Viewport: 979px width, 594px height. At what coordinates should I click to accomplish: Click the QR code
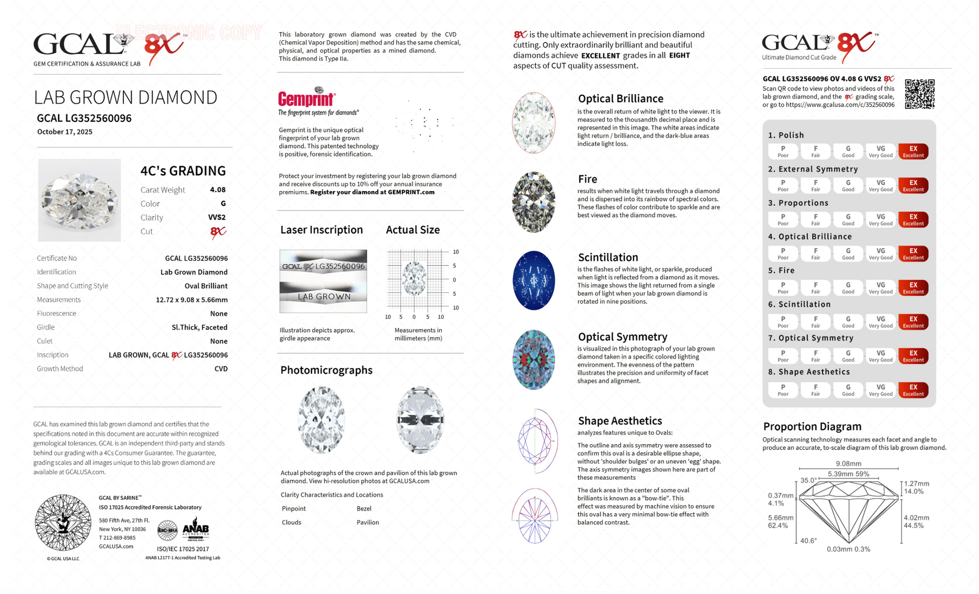tap(919, 94)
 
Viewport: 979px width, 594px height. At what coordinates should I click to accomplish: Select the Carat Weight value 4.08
tap(218, 190)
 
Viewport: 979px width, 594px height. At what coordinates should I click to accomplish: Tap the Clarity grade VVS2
tap(216, 217)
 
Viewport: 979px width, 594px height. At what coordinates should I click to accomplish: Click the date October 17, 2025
tap(65, 132)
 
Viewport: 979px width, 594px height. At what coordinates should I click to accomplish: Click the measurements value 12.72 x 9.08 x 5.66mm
tap(191, 300)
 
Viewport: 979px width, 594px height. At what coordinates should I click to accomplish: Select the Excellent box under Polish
tap(913, 151)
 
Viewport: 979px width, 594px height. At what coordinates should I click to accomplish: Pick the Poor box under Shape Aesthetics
tap(783, 390)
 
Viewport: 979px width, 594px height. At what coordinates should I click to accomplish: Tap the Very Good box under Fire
tap(881, 287)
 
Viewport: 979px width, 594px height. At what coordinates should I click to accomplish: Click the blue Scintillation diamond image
tap(534, 280)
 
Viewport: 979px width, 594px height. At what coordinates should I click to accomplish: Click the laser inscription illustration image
tap(323, 281)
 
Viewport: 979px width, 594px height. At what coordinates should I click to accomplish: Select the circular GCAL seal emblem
tap(63, 523)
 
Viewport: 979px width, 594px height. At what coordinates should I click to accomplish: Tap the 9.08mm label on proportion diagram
tap(848, 464)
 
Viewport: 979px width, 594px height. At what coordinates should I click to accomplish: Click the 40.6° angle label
tap(808, 541)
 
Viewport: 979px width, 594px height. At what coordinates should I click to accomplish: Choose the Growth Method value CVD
tap(221, 369)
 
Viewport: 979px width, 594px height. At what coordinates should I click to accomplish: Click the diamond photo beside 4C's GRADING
tap(79, 200)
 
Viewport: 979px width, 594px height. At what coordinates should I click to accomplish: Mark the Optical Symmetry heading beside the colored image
tap(622, 337)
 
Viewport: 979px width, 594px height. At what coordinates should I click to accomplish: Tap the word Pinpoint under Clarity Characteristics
tap(294, 509)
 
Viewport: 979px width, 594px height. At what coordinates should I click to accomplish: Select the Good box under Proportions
tap(848, 219)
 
